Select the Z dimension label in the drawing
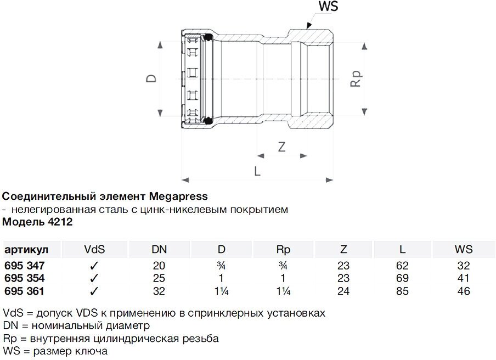point(281,147)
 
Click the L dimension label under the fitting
point(257,170)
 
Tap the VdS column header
point(94,250)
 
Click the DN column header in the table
point(159,250)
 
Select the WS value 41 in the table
point(464,278)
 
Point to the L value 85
point(402,291)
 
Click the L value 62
point(402,265)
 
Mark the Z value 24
point(343,291)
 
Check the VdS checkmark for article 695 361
point(94,291)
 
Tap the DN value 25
point(159,278)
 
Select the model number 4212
point(61,222)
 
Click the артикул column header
point(26,250)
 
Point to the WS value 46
point(464,291)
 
